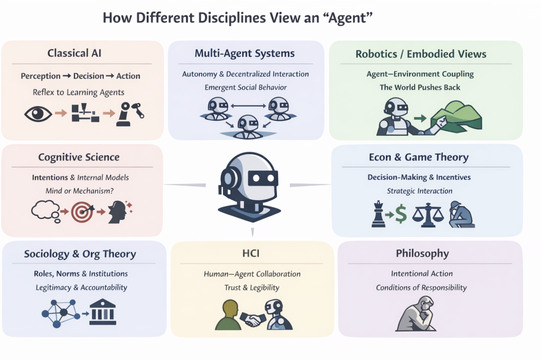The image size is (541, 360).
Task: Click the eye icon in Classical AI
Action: click(39, 113)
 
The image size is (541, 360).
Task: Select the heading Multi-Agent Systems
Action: click(245, 53)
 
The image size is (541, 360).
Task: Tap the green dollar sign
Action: click(401, 215)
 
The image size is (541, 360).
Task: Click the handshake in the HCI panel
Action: click(253, 318)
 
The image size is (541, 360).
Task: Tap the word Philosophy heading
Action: click(422, 254)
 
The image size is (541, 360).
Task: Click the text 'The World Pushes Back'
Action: click(420, 87)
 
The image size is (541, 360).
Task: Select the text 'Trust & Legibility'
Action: click(252, 288)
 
